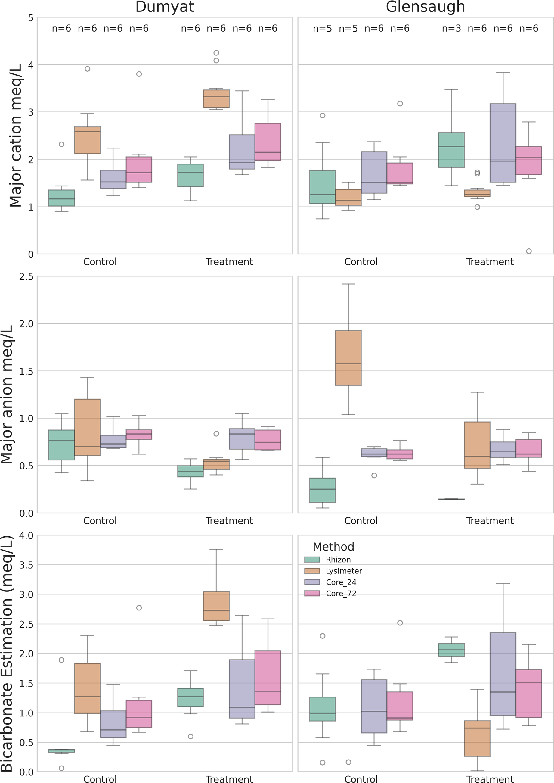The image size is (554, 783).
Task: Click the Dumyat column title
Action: point(165,7)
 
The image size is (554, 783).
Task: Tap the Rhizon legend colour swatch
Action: point(312,560)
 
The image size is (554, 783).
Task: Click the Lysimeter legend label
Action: point(344,571)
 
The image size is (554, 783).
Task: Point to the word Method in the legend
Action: point(333,547)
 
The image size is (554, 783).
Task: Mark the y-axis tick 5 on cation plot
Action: point(31,18)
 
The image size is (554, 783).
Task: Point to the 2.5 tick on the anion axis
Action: point(26,276)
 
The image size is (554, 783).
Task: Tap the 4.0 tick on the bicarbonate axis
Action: point(26,535)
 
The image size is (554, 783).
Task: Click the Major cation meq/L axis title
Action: point(15,136)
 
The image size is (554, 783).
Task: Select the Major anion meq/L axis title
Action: point(7,394)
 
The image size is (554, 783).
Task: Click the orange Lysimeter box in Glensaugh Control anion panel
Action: point(348,358)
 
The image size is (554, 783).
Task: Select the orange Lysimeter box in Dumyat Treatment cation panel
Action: point(216,99)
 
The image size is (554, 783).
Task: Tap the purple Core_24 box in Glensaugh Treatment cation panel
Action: point(503,143)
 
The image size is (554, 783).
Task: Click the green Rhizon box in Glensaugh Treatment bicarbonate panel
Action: point(451,650)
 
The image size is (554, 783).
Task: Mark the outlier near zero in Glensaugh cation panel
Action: point(528,251)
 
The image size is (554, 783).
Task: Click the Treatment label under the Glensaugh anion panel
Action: point(490,521)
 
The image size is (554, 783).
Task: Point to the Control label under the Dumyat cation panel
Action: point(100,262)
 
